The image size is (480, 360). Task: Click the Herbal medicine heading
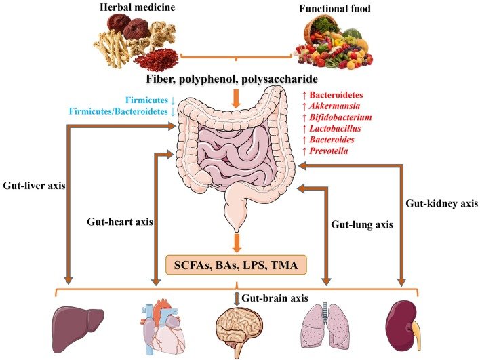tap(138, 7)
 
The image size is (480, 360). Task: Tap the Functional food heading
tap(335, 8)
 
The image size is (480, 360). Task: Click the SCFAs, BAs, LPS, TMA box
tap(236, 265)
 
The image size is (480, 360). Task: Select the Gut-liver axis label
tap(34, 186)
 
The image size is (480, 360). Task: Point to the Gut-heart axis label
tap(120, 221)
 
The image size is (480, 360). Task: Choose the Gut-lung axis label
tap(362, 224)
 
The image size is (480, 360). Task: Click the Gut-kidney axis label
tap(442, 203)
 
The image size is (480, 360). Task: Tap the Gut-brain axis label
tap(275, 298)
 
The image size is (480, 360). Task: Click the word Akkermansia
tap(335, 106)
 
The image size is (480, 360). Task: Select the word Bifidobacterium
tap(340, 117)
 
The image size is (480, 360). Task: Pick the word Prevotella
tap(328, 151)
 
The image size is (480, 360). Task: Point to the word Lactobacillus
tap(335, 128)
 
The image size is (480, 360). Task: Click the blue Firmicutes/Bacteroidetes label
tap(118, 111)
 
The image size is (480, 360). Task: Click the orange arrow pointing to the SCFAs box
tap(236, 243)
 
